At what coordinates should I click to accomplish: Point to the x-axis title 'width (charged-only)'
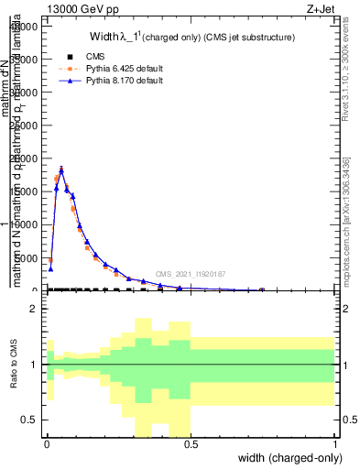click(x=284, y=459)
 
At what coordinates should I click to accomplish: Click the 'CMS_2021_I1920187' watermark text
click(x=190, y=274)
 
